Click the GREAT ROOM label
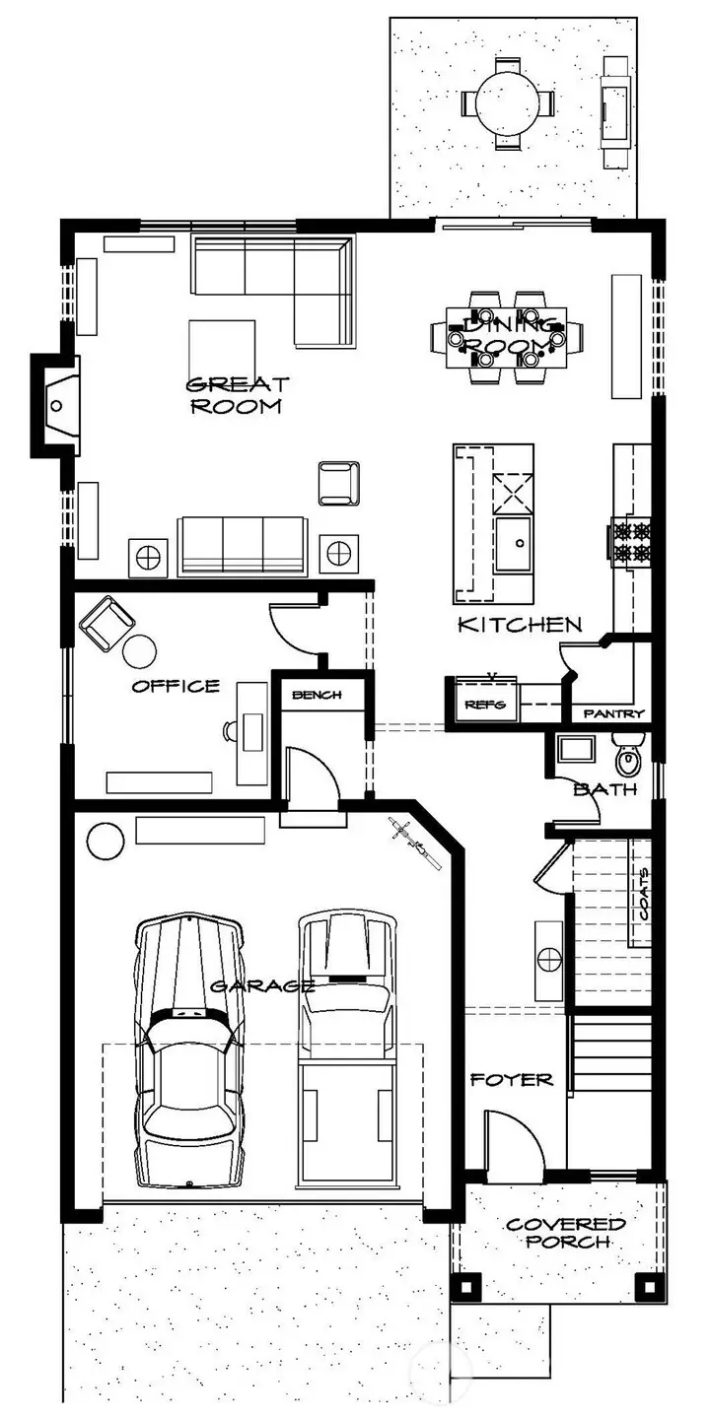point(237,394)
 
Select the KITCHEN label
point(519,625)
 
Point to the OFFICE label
point(176,686)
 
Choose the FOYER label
point(511,1080)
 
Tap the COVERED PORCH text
point(565,1233)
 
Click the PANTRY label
point(613,713)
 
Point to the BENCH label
point(316,695)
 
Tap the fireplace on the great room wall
point(57,404)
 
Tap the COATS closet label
point(643,893)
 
